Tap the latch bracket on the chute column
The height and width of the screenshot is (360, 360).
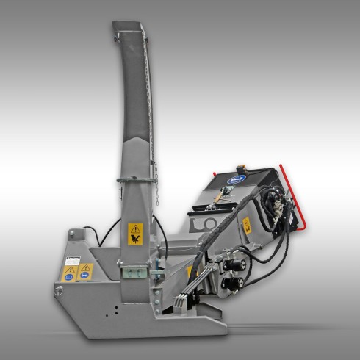pos(132,273)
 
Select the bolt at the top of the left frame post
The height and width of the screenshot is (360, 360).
pos(72,237)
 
